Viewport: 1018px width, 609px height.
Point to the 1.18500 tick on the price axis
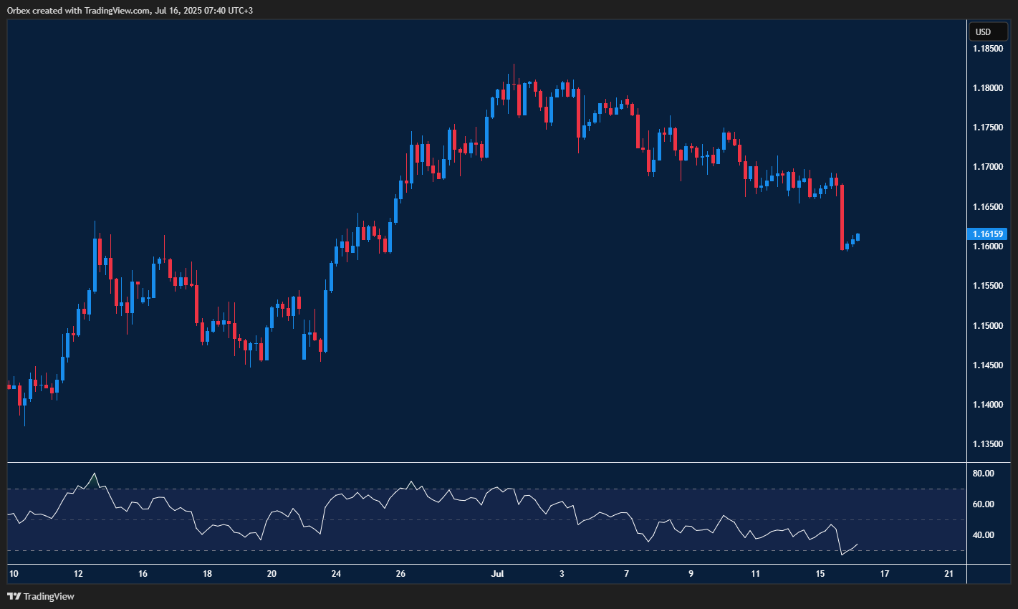pos(988,49)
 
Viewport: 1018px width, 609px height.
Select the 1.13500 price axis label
pos(988,444)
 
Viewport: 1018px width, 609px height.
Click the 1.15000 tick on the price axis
pos(988,326)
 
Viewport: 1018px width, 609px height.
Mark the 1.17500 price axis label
pos(988,128)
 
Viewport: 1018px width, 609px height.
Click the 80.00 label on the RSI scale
pos(984,474)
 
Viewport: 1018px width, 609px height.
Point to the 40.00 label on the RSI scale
pos(984,535)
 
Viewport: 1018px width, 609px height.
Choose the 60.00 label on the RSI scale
pos(984,504)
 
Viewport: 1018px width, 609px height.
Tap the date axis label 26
pos(400,574)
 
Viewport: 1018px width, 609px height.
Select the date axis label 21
pos(949,574)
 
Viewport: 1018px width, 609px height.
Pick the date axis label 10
pos(13,574)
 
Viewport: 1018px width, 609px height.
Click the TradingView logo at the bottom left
pos(41,596)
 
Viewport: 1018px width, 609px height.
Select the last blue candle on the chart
pos(858,237)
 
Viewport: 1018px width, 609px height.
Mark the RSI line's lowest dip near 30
pos(842,555)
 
